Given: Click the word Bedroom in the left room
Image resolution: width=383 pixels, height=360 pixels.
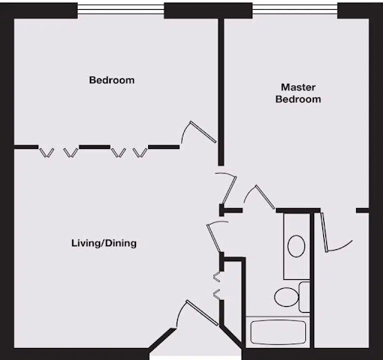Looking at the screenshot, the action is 111,80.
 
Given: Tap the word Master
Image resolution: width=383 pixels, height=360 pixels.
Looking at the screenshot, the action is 298,87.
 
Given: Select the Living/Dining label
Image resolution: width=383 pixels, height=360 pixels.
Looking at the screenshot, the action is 104,243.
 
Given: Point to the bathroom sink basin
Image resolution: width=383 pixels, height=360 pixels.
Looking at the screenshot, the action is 296,246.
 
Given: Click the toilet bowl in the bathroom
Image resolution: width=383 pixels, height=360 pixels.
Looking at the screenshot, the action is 287,297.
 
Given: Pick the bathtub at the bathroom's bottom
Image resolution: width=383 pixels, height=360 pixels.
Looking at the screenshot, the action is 278,332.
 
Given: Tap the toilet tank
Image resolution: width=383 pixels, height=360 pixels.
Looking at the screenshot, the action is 304,297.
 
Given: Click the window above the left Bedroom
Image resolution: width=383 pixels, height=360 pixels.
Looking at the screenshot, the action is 120,9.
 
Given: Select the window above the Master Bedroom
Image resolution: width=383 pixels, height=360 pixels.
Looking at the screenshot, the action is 295,9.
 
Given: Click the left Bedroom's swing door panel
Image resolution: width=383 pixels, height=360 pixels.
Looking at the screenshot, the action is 203,132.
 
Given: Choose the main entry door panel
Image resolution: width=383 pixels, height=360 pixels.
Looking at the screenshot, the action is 202,313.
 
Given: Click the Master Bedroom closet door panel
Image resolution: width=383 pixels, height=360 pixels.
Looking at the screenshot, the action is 324,232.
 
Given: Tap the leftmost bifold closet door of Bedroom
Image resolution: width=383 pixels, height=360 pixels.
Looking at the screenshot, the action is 46,153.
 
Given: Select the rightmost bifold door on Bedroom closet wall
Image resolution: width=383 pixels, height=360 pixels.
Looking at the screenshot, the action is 140,153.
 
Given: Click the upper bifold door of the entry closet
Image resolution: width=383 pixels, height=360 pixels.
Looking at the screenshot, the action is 217,277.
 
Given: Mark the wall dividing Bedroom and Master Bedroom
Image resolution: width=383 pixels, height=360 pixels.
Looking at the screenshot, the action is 221,92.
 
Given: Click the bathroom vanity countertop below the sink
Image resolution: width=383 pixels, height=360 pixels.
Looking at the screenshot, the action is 296,268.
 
